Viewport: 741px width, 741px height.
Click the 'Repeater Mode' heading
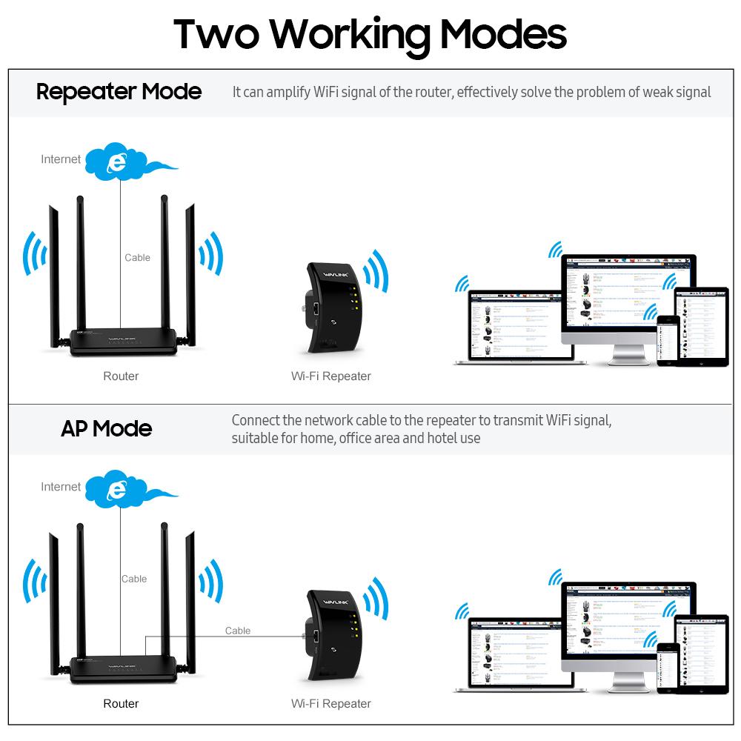pos(119,92)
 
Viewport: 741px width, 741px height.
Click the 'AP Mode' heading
pos(106,428)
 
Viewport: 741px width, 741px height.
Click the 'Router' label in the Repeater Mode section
pos(121,376)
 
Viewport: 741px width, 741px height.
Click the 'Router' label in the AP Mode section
pos(121,704)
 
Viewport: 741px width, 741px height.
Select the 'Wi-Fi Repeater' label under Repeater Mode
pos(330,376)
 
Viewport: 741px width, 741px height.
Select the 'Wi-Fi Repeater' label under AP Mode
pos(330,704)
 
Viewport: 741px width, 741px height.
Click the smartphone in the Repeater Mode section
pos(668,340)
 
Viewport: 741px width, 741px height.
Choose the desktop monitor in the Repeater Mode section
pos(628,300)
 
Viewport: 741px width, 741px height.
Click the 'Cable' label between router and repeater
pos(238,631)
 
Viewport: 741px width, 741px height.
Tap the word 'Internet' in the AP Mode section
pos(61,487)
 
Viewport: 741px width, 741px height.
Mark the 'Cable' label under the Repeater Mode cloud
pos(137,258)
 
